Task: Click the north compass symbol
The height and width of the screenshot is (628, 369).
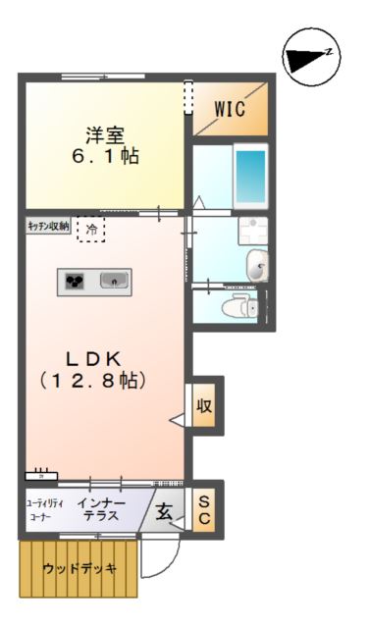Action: click(x=310, y=58)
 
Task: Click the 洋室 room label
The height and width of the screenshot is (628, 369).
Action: click(x=103, y=136)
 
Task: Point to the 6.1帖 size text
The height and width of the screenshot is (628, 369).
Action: click(x=103, y=157)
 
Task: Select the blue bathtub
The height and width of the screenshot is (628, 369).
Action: click(x=250, y=176)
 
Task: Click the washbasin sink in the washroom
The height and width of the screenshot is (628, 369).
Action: click(x=256, y=264)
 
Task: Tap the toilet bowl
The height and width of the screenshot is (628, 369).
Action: click(x=238, y=308)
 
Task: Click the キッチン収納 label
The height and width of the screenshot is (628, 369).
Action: click(x=47, y=226)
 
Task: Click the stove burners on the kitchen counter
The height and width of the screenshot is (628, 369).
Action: click(x=76, y=283)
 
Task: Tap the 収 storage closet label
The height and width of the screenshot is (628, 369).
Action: click(x=204, y=403)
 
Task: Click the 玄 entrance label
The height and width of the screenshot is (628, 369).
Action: click(x=164, y=509)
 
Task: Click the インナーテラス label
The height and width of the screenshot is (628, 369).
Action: click(x=100, y=509)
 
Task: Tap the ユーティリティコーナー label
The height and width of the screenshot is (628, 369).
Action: click(x=44, y=509)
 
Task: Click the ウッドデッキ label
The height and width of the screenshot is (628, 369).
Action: click(x=79, y=568)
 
